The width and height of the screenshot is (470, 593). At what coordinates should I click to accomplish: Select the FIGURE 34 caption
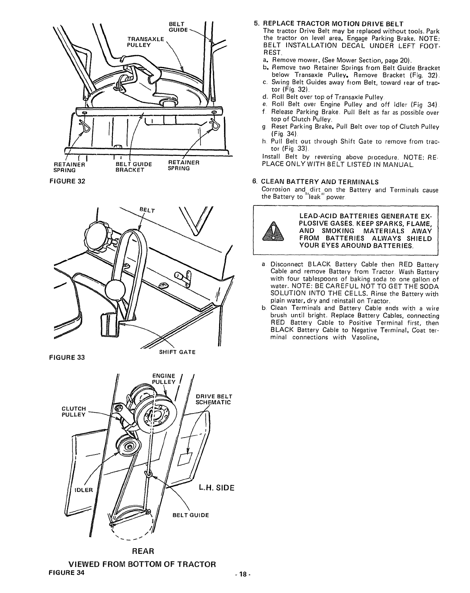67,572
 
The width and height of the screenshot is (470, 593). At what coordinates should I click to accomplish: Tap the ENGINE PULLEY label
163,379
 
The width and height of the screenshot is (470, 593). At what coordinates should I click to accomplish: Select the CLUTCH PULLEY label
74,411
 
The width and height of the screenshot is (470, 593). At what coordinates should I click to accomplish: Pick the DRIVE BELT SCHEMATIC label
213,399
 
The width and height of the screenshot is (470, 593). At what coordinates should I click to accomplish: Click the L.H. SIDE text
217,488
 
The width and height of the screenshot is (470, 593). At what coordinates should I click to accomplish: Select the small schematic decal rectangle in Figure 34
184,459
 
